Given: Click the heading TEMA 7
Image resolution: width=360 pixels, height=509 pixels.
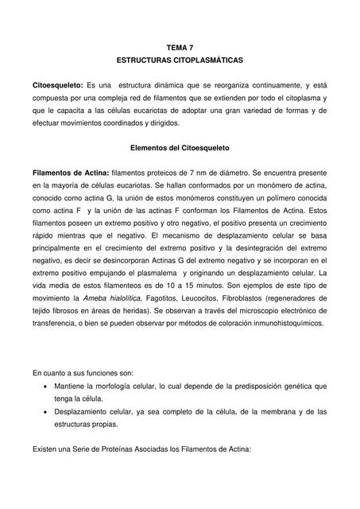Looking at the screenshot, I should pos(180,48).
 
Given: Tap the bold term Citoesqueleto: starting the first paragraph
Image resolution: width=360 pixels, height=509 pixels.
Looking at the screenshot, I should pos(57,85).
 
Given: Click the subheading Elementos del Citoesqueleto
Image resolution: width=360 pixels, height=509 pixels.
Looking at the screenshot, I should pos(180,147).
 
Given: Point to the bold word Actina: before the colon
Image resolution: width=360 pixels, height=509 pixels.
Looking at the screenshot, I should pos(95,172).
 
